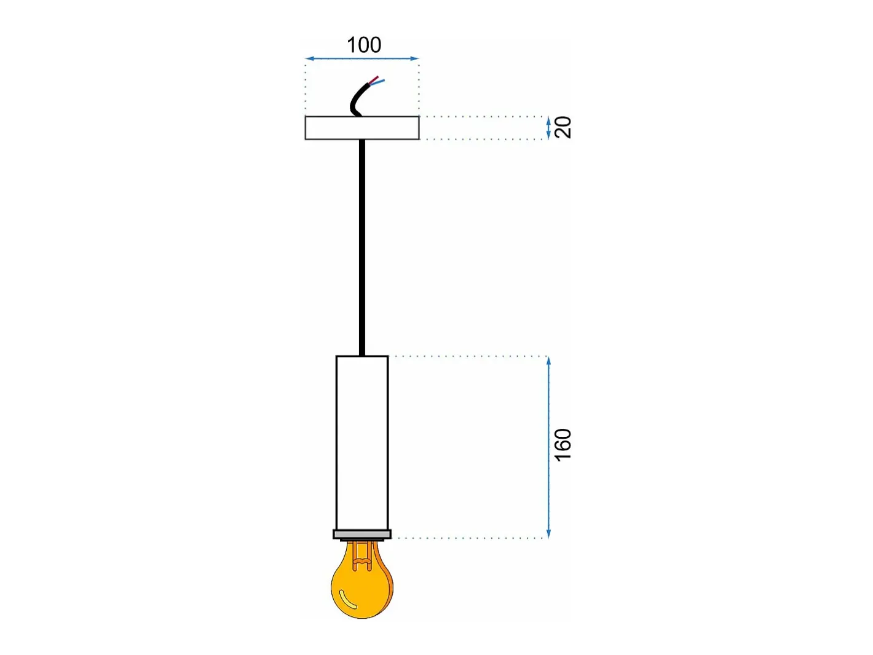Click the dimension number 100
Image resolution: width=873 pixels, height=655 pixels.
pos(364,45)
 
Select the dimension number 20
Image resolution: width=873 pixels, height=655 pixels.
pos(563,128)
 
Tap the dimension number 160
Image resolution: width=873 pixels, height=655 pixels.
pos(563,445)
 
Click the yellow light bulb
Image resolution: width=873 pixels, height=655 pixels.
pos(362,584)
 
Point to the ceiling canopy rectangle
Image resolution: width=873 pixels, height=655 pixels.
pos(362,128)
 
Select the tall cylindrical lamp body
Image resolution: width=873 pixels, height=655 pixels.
pos(362,443)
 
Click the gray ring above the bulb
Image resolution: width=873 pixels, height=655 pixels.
pos(362,535)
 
